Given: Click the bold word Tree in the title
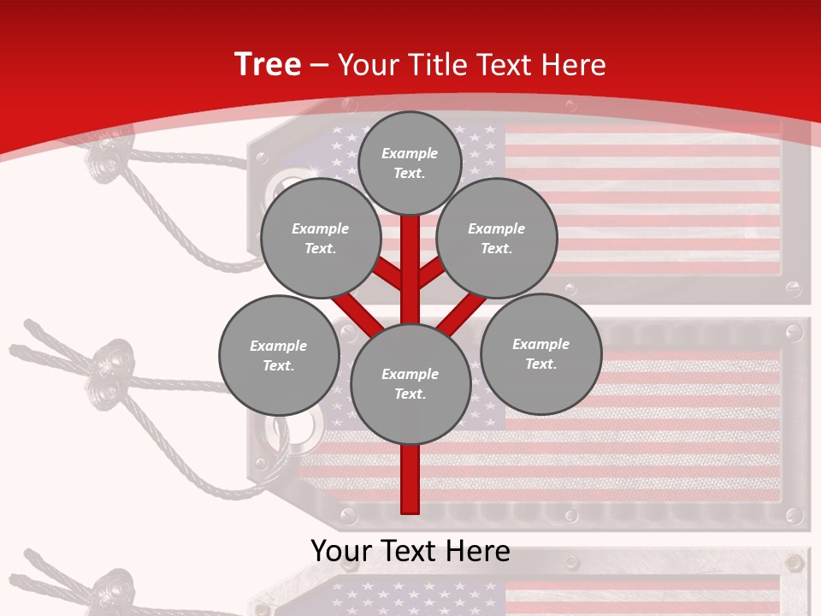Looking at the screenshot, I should point(268,64).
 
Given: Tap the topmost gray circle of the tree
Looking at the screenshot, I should point(410,163).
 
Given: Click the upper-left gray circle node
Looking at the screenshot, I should point(321,238).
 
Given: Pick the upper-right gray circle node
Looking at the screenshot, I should point(497,238).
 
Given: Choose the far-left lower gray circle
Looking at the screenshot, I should point(279,355).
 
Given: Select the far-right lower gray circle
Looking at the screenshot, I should point(541,353).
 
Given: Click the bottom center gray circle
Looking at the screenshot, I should point(410,384).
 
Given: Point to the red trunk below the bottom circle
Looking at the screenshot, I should point(410,479).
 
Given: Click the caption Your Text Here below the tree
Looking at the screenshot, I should point(410,551).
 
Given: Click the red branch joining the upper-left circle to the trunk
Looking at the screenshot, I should point(388,274).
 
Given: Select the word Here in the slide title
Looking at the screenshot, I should point(573,65).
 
